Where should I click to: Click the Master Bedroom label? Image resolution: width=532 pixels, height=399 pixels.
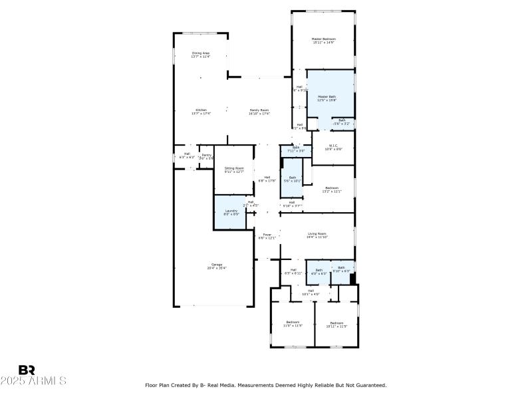[x=324, y=41]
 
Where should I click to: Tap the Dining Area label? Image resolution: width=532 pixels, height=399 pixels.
[x=201, y=55]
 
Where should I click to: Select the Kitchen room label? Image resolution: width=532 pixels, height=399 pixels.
[x=201, y=112]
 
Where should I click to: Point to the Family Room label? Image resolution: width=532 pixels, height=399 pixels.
[x=259, y=112]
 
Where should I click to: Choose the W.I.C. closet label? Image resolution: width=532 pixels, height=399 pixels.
[x=333, y=147]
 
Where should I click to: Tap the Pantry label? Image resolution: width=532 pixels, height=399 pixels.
[x=206, y=157]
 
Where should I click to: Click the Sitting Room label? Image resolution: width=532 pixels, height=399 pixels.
[x=234, y=170]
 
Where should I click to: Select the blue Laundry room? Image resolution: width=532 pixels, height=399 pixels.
[x=230, y=212]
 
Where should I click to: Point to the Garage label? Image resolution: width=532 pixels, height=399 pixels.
[x=217, y=266]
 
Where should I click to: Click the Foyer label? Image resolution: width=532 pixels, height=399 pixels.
[x=267, y=236]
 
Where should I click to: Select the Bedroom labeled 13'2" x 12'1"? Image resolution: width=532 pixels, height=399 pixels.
[x=331, y=190]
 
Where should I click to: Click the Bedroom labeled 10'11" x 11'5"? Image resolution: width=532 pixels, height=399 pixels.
[x=336, y=325]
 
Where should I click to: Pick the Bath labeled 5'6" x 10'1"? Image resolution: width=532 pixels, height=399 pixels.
[x=292, y=180]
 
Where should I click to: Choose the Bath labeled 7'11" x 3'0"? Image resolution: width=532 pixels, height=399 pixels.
[x=296, y=149]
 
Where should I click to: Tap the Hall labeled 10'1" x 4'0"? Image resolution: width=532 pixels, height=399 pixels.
[x=311, y=292]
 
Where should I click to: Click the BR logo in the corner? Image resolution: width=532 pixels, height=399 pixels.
[x=27, y=370]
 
